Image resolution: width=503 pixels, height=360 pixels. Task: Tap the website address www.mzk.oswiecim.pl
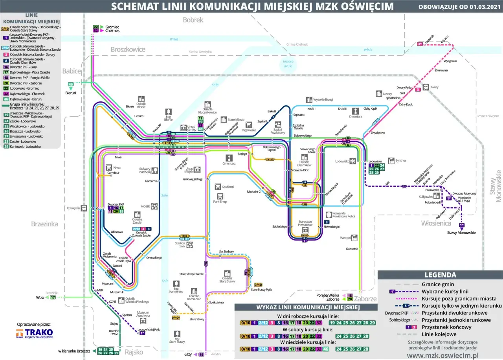click(442, 355)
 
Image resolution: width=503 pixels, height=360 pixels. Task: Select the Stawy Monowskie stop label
click(461, 232)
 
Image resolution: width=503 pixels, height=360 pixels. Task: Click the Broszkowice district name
click(128, 50)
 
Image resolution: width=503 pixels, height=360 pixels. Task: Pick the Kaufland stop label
click(227, 187)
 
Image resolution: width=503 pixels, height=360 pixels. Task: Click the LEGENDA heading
click(440, 275)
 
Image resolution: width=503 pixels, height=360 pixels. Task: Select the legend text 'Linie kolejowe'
click(439, 334)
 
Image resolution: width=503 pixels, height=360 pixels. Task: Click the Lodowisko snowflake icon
click(353, 161)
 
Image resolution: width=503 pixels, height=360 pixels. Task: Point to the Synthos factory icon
click(391, 160)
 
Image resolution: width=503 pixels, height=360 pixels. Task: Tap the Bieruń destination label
click(71, 93)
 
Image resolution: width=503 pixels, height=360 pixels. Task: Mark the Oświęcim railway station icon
click(84, 208)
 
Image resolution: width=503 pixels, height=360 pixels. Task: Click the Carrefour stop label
click(113, 173)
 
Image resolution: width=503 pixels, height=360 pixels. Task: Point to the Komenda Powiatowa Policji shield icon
click(329, 215)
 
